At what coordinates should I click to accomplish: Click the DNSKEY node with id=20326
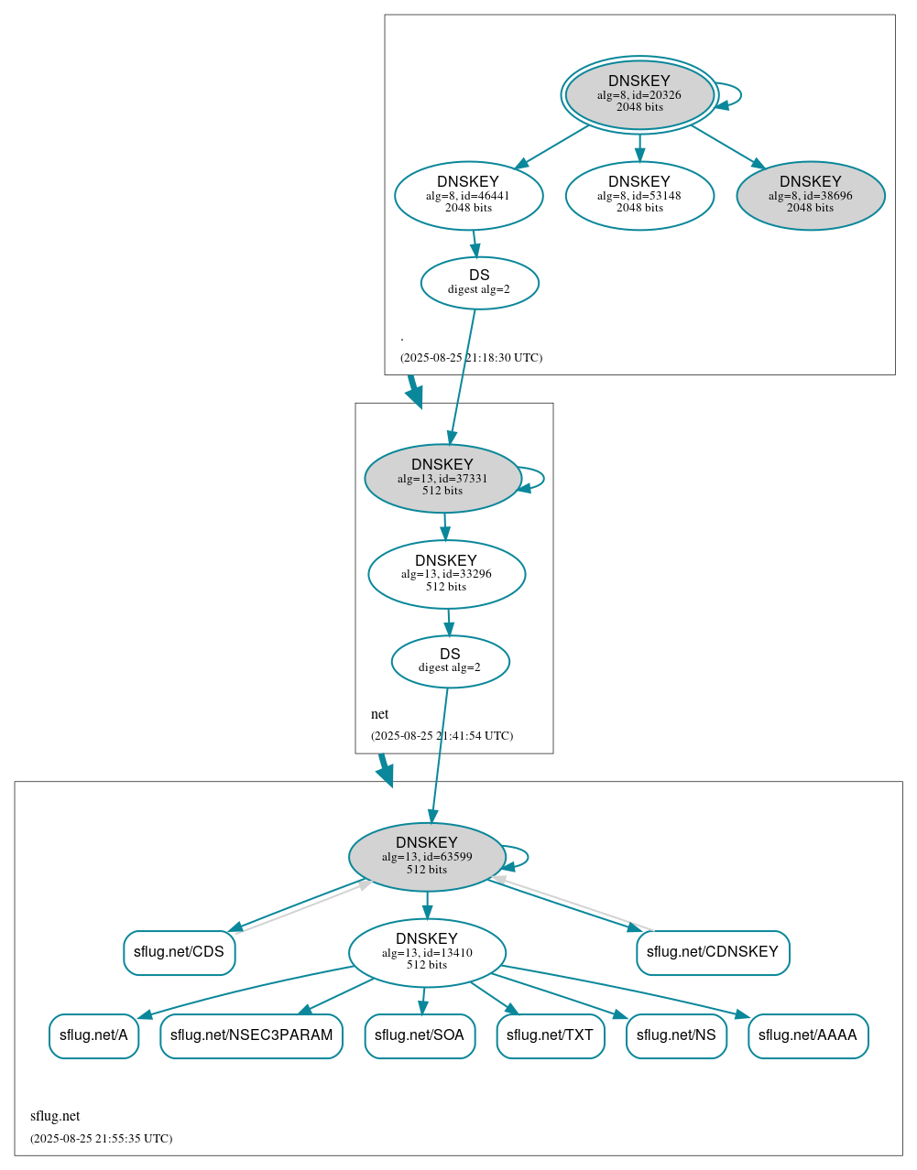click(x=639, y=94)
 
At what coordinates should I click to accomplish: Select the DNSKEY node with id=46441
click(x=468, y=195)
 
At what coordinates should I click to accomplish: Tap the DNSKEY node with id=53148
click(x=639, y=195)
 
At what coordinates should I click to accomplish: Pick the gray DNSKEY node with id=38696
click(x=810, y=195)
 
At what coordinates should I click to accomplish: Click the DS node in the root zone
click(x=479, y=283)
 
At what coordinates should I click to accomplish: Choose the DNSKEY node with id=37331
click(x=442, y=478)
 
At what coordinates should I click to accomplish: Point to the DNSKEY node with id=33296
click(x=446, y=574)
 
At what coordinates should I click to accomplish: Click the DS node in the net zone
click(x=450, y=661)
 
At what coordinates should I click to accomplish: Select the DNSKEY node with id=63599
click(x=427, y=857)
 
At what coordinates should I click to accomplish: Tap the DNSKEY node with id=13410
click(x=427, y=952)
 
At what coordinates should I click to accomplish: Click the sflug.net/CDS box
click(x=179, y=952)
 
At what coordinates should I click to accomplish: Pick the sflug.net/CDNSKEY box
click(x=712, y=952)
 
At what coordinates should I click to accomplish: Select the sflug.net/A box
click(x=93, y=1035)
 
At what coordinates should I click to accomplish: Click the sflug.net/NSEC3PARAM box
click(x=251, y=1035)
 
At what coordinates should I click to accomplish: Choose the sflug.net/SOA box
click(x=420, y=1035)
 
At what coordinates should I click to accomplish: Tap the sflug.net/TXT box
click(x=550, y=1035)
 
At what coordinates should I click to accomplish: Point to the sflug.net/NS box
click(x=676, y=1035)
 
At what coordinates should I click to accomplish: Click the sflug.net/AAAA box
click(x=807, y=1035)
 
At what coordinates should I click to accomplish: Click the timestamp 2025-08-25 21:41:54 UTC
click(x=442, y=736)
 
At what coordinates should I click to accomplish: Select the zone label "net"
click(x=379, y=714)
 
